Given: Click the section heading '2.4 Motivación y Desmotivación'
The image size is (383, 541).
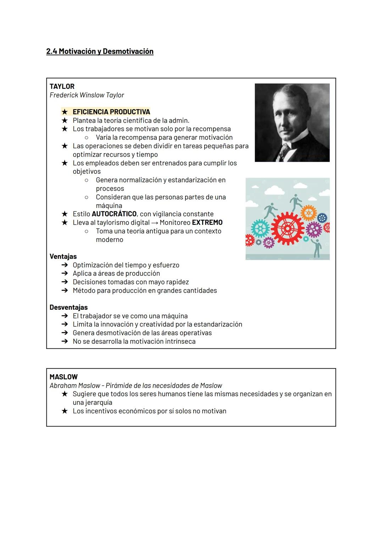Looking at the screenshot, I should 100,51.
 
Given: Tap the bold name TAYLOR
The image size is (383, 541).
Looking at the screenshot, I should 62,86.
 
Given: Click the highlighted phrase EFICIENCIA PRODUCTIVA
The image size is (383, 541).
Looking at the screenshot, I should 111,112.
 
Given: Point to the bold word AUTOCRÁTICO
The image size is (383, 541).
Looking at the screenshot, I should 114,214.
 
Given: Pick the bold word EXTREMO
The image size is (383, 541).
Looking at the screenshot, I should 207,222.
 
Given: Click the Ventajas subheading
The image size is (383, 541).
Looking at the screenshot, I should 63,256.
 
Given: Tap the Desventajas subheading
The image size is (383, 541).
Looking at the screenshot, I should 68,307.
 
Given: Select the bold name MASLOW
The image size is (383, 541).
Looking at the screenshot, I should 63,377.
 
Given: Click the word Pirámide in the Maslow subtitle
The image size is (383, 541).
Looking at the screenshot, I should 118,385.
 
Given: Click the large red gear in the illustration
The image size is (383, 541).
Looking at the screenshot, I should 288,229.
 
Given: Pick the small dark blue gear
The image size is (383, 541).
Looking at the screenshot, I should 322,217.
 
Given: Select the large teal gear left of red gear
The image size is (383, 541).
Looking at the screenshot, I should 260,229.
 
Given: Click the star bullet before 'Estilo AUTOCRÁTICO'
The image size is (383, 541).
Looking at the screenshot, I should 65,214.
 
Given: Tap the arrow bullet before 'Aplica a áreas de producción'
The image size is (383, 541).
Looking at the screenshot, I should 64,274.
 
